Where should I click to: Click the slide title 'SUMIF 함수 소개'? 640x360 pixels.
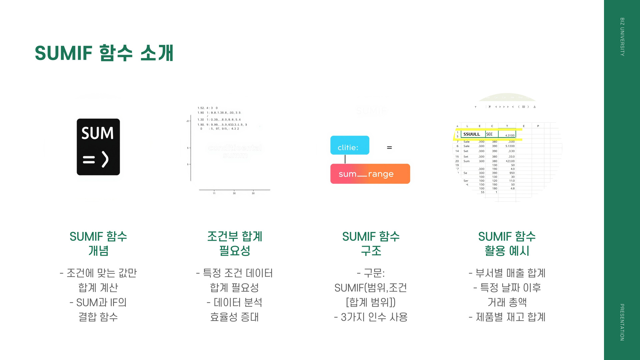104,53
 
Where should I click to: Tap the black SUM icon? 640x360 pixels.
98,147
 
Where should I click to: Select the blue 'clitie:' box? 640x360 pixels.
350,145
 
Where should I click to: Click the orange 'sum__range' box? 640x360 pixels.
370,174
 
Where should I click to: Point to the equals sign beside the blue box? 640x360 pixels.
389,147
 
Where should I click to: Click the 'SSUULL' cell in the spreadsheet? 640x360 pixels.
472,134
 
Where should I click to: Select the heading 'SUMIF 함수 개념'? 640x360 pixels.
98,243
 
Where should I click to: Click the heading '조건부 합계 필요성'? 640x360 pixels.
235,243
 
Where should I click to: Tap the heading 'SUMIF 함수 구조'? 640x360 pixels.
371,243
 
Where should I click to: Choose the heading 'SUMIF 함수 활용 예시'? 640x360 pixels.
507,243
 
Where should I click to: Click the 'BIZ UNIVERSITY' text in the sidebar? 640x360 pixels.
622,37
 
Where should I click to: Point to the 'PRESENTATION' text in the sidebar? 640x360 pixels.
622,322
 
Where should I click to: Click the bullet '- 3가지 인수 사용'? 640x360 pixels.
371,317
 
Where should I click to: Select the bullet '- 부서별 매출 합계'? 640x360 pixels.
507,273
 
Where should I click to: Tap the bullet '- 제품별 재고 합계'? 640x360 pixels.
507,317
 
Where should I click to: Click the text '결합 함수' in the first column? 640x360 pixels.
98,317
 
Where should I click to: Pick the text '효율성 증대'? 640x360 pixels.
235,317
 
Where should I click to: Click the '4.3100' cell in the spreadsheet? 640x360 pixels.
510,135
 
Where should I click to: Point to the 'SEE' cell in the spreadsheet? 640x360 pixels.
489,134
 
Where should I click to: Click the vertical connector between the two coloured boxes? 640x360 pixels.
345,159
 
